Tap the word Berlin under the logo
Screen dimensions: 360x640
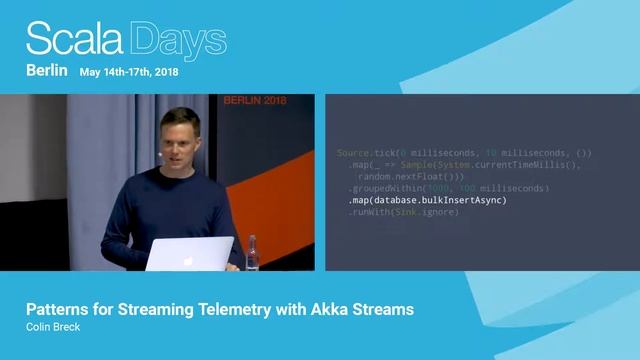(46, 72)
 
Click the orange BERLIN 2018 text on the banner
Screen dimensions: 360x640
(255, 102)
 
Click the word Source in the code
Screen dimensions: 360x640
(354, 152)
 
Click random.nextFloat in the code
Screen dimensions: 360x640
(396, 176)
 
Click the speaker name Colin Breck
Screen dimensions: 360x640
(52, 326)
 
